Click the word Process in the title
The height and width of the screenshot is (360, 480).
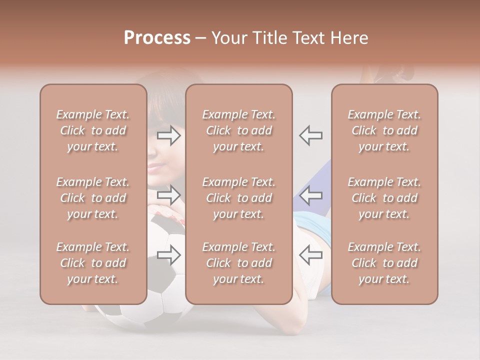click(157, 38)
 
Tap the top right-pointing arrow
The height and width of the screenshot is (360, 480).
click(168, 135)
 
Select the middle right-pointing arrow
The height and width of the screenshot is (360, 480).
click(168, 195)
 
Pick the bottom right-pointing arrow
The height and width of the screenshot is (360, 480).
click(168, 255)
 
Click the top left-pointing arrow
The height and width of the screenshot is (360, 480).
click(311, 135)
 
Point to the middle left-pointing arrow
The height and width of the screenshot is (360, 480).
click(311, 195)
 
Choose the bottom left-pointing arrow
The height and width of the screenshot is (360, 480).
click(311, 255)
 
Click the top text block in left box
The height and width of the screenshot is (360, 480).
click(93, 130)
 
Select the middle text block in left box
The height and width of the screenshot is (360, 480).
click(93, 198)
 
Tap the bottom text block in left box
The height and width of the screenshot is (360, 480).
click(93, 263)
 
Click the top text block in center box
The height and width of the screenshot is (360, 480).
click(238, 130)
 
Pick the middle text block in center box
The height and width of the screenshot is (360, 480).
click(238, 198)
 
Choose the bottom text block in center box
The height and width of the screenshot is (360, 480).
click(238, 263)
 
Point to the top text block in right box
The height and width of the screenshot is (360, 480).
click(384, 130)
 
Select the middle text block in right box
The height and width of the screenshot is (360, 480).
click(384, 198)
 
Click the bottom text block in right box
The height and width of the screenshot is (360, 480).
click(384, 263)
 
